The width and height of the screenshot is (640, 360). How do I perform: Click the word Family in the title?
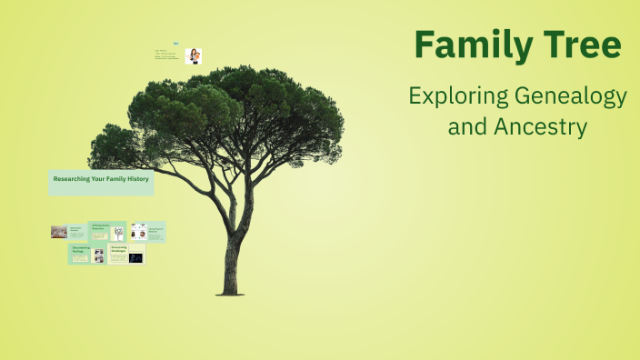(461, 45)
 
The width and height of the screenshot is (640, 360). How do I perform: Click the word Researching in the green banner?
(71, 180)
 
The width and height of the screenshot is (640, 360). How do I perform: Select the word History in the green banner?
(137, 180)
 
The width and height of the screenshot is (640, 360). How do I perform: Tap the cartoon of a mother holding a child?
(193, 56)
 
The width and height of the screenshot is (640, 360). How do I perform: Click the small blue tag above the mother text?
(175, 43)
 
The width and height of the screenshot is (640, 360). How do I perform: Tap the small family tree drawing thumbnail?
(118, 233)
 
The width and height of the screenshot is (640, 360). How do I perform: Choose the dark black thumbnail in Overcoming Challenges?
(136, 257)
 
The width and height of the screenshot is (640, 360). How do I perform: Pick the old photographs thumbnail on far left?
(58, 232)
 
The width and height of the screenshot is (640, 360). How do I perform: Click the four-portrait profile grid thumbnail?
(138, 231)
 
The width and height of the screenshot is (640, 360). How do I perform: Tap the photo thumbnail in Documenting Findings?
(98, 256)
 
